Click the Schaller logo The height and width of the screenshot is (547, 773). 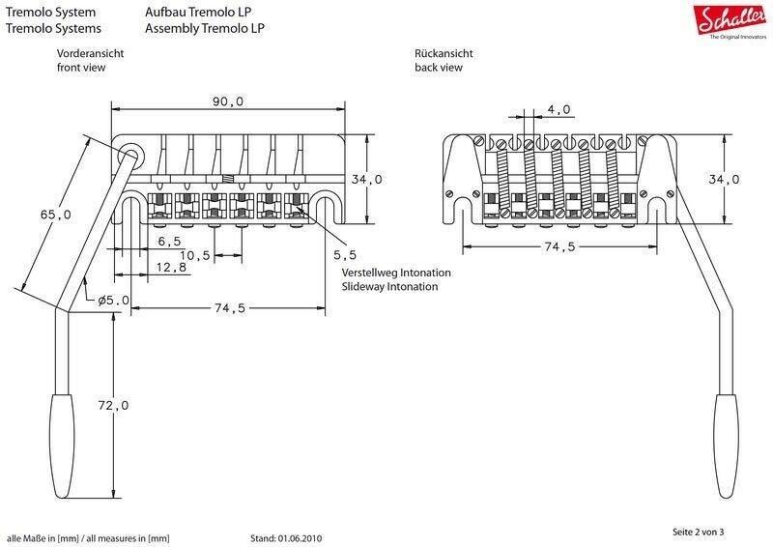coord(732,21)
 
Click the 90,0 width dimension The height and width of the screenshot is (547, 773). coord(228,101)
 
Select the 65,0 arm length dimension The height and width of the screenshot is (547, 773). coord(56,215)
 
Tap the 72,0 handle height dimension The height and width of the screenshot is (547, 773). coord(113,406)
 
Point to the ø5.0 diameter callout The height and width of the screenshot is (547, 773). coord(113,300)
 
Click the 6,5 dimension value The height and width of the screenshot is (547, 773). coord(169,242)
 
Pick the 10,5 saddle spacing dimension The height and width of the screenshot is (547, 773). coord(195,255)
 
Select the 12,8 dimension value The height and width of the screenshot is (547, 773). coord(172,268)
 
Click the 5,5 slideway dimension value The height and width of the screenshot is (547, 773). coord(345,255)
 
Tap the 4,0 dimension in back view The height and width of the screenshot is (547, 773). coord(559,109)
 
